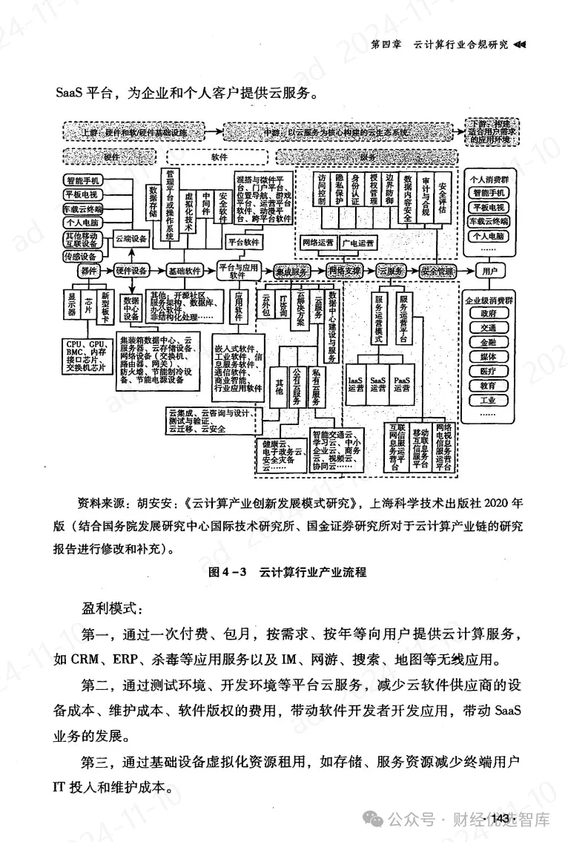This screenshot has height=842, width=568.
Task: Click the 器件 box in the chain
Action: pos(90,271)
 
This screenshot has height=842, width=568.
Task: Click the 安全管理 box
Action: pos(436,271)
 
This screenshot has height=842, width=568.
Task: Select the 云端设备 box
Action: pos(131,239)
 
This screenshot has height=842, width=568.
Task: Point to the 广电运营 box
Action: pos(359,243)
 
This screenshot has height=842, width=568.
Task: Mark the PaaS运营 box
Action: pos(402,384)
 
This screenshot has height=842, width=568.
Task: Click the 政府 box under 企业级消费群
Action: pos(488,313)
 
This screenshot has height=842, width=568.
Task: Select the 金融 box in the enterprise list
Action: pos(488,342)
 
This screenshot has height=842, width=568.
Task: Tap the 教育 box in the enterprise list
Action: pos(488,386)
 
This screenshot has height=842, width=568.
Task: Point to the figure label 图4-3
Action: pos(222,573)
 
